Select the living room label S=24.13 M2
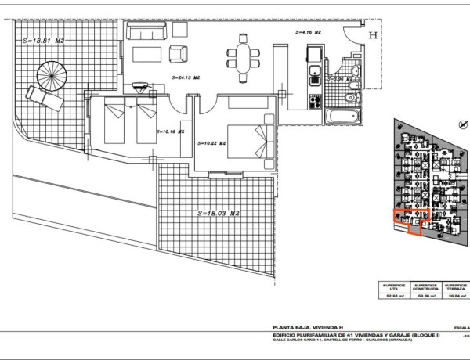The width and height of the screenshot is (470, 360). tap(186, 78)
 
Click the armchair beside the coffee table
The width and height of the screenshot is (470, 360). tap(179, 55)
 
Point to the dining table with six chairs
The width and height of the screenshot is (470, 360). tap(244, 56)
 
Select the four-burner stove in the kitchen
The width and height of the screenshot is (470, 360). tap(314, 101)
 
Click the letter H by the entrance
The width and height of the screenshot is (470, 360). tap(373, 35)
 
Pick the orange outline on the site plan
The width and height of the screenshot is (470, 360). tap(407, 221)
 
